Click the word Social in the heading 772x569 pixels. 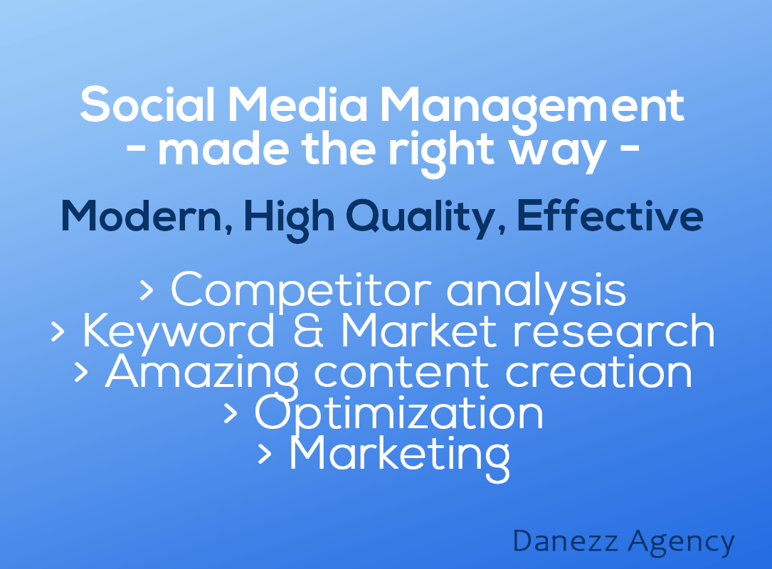click(x=148, y=104)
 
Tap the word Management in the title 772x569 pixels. click(x=532, y=110)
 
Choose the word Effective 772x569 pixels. click(x=610, y=215)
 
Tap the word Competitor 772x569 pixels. click(x=301, y=292)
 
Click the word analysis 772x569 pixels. click(x=536, y=292)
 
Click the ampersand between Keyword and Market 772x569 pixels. click(x=309, y=331)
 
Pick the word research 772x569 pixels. click(x=613, y=331)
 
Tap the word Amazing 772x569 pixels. click(x=202, y=375)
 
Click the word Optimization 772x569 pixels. click(x=398, y=415)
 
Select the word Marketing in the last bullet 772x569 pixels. click(x=399, y=457)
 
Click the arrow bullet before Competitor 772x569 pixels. click(x=147, y=290)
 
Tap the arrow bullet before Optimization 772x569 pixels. click(x=231, y=413)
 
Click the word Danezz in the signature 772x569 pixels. click(x=565, y=541)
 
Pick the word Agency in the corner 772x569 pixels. click(x=682, y=543)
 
